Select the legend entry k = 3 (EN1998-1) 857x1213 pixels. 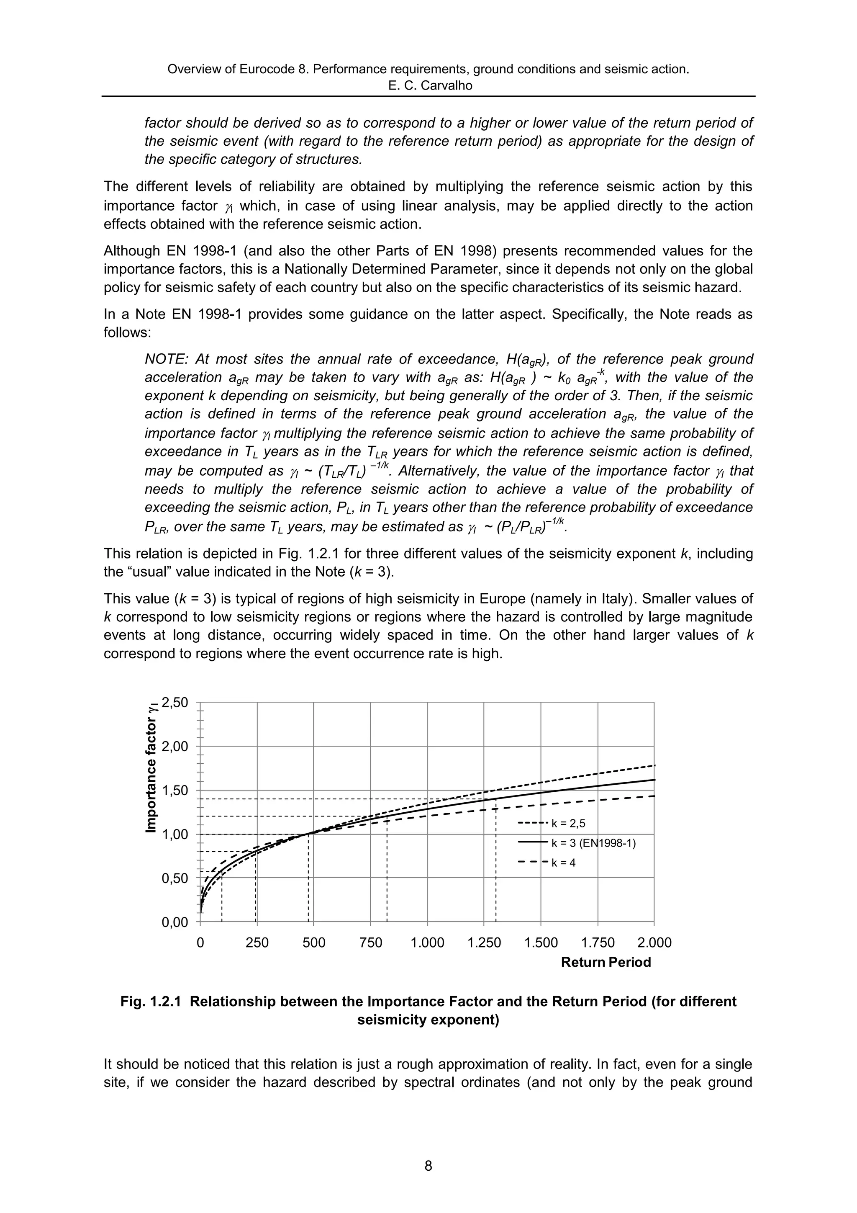coord(593,843)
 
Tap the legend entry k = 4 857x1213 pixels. coord(563,863)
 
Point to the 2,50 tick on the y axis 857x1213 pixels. coord(175,703)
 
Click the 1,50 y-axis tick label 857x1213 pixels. coord(175,791)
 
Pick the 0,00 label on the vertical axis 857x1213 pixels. coord(175,922)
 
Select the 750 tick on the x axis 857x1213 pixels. coord(370,943)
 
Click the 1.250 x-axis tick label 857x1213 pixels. coord(484,943)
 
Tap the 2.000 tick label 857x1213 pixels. coord(654,943)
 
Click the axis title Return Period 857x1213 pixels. coord(606,962)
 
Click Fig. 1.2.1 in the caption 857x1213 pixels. coord(151,1002)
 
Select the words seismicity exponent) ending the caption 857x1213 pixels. coord(428,1020)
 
